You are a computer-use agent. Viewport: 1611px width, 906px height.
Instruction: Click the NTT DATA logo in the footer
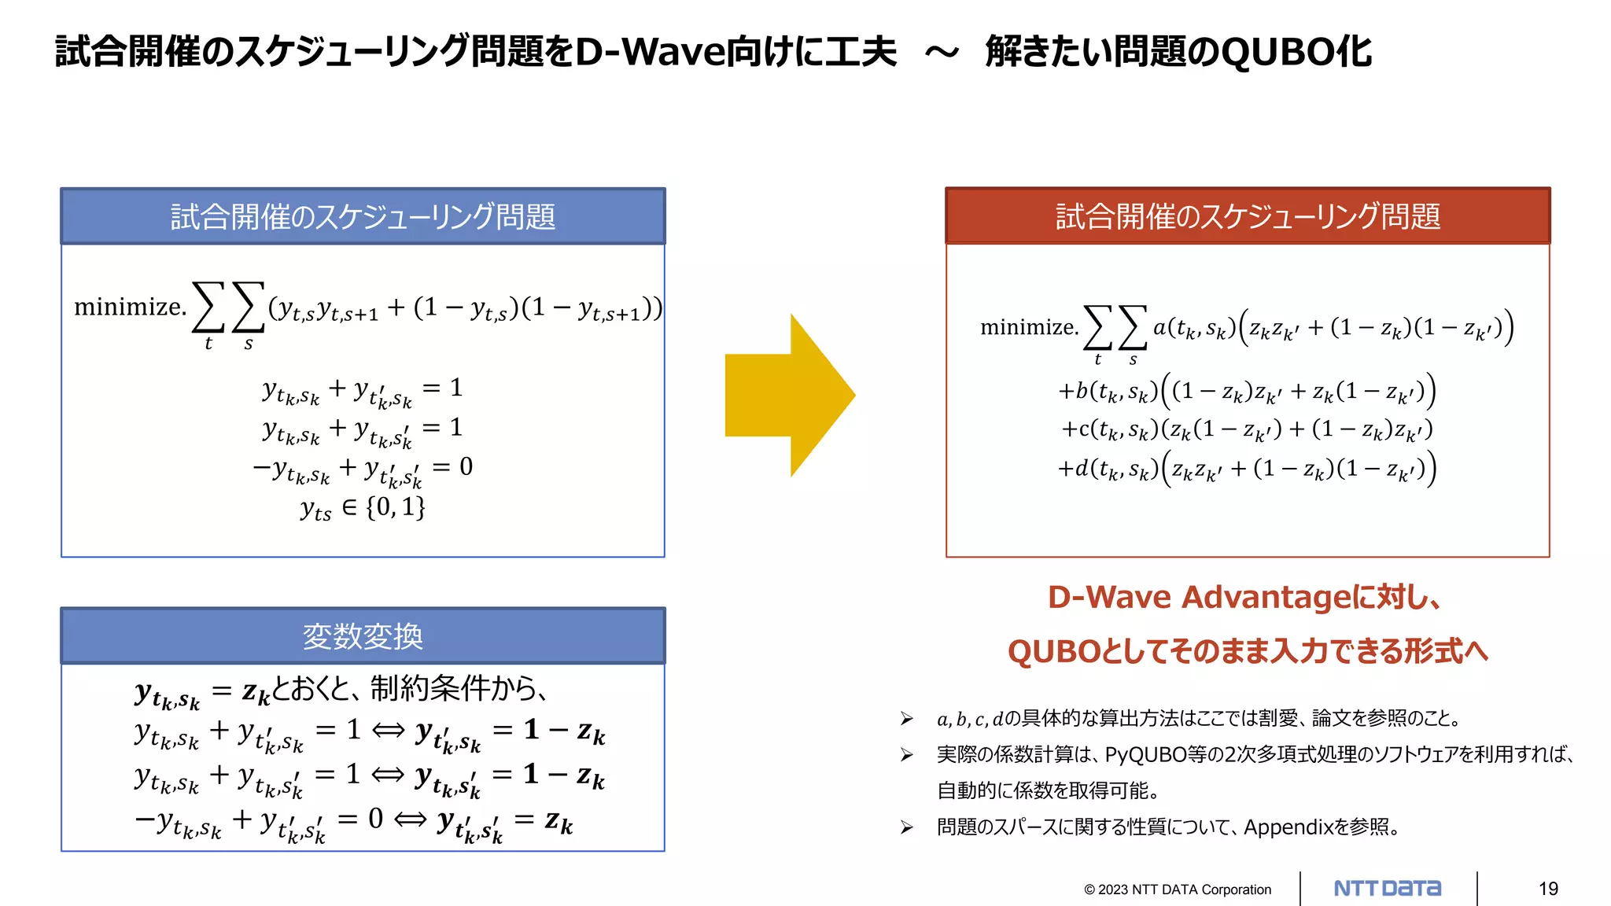click(1388, 889)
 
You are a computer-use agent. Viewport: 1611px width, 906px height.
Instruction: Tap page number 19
click(1548, 889)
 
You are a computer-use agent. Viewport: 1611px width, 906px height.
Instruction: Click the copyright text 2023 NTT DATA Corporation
click(1178, 889)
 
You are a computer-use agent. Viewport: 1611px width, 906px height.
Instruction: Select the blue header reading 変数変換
click(363, 636)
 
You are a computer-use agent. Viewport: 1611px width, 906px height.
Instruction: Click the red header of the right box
click(1248, 216)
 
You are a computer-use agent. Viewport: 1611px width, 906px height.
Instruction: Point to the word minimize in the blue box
click(130, 307)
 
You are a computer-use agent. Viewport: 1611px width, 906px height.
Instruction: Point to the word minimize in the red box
click(1029, 327)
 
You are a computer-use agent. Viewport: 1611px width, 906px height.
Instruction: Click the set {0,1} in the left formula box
click(396, 507)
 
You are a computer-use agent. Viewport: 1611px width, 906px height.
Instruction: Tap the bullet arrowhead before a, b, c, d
click(907, 719)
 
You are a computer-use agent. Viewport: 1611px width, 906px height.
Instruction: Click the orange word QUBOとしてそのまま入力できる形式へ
click(1248, 651)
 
